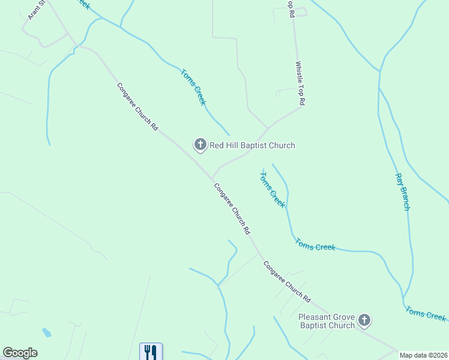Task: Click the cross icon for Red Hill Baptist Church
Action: (199, 144)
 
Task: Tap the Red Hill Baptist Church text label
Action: (252, 145)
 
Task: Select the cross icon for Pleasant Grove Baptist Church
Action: (364, 320)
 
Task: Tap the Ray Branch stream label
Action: (402, 192)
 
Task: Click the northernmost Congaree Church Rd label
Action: (137, 107)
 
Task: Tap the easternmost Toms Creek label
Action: (426, 313)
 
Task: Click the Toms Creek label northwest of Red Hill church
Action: (193, 88)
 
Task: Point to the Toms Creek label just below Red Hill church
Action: (272, 189)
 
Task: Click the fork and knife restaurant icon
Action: (151, 352)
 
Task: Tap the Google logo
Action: (20, 353)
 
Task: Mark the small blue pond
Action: (46, 332)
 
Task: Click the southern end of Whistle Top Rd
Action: (300, 107)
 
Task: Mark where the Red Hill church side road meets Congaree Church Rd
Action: (211, 178)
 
